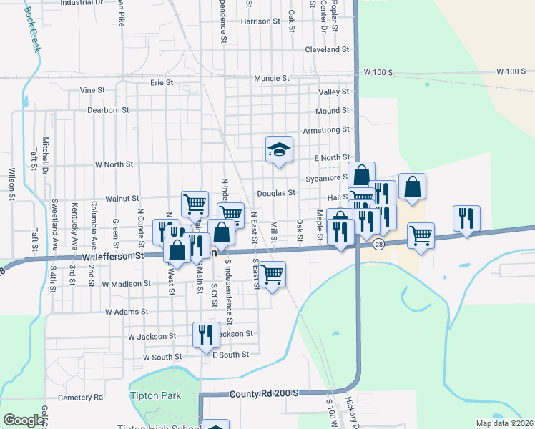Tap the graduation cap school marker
tap(280, 150)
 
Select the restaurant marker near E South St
tap(205, 335)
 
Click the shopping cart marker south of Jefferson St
tap(273, 273)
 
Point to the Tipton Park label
tap(155, 395)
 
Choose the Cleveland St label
tap(326, 50)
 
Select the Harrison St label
tap(260, 21)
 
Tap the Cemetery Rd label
tap(82, 397)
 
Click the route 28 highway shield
tap(377, 245)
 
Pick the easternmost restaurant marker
tap(466, 219)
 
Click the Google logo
tap(24, 420)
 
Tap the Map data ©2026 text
tap(504, 423)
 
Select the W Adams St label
tap(126, 312)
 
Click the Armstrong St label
tap(325, 129)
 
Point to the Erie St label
tap(162, 83)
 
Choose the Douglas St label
tap(277, 193)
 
